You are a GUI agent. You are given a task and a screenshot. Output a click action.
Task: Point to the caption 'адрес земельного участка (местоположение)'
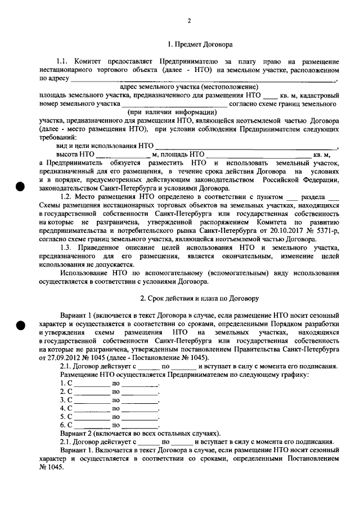click(190, 87)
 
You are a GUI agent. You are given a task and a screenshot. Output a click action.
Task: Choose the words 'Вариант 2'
click(77, 434)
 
